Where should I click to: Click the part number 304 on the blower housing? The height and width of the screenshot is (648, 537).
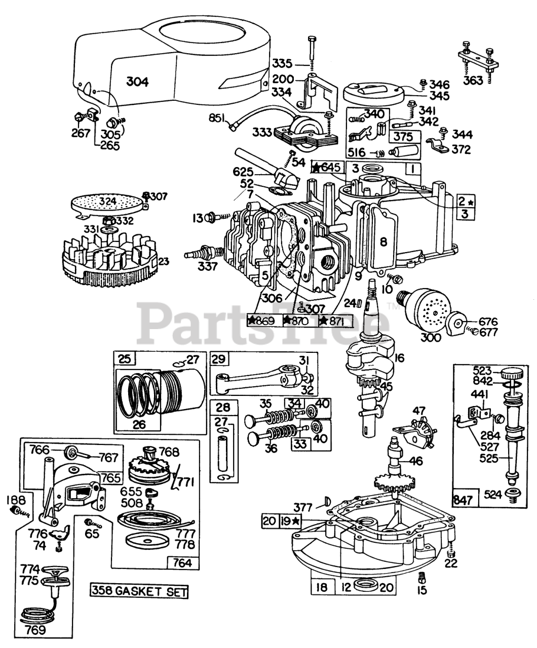pyautogui.click(x=137, y=82)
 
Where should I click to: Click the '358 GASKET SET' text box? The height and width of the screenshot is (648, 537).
pyautogui.click(x=139, y=590)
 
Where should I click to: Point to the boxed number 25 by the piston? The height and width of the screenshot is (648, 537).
pyautogui.click(x=125, y=359)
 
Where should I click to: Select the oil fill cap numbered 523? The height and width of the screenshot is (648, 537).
pyautogui.click(x=512, y=375)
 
